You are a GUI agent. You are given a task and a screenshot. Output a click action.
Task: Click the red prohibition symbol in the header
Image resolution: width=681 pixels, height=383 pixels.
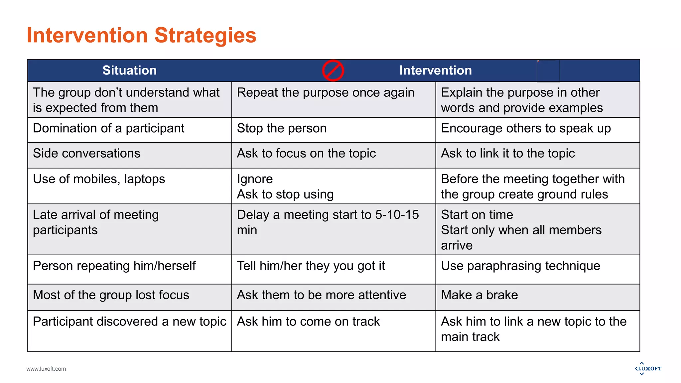(333, 70)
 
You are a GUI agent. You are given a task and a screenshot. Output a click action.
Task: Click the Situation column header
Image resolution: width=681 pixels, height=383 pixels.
(129, 70)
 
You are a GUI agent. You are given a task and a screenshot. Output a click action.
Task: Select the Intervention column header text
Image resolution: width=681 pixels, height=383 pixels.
(435, 70)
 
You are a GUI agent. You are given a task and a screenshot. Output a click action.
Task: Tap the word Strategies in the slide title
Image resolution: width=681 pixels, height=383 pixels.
(205, 35)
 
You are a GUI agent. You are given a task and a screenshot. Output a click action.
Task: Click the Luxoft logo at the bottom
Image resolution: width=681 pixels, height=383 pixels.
(648, 368)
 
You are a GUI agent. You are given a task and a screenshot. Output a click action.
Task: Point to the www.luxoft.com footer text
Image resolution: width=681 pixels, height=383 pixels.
(46, 369)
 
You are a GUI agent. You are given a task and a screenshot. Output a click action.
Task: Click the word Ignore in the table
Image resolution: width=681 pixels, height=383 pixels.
(255, 179)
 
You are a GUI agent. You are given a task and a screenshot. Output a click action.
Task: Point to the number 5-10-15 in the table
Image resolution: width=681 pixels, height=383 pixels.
(397, 215)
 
